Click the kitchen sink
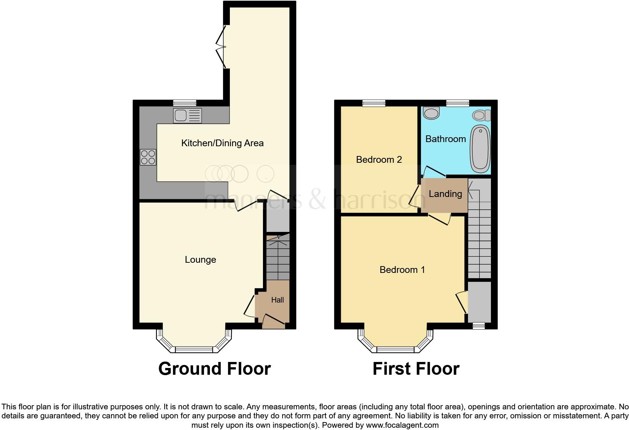point(187,116)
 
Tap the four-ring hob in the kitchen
point(148,157)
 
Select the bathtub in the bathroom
point(481,148)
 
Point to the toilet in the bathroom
point(482,115)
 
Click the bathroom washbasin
point(431,113)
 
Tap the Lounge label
point(200,260)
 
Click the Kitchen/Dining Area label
point(222,143)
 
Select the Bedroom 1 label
point(402,270)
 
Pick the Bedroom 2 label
point(379,160)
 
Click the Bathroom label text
point(445,139)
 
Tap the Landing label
point(445,194)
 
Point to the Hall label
point(278,300)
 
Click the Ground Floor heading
point(214,369)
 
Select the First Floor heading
point(416,369)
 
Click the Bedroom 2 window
point(374,103)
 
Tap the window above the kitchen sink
point(185,103)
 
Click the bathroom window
point(457,103)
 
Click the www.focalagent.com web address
point(402,425)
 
